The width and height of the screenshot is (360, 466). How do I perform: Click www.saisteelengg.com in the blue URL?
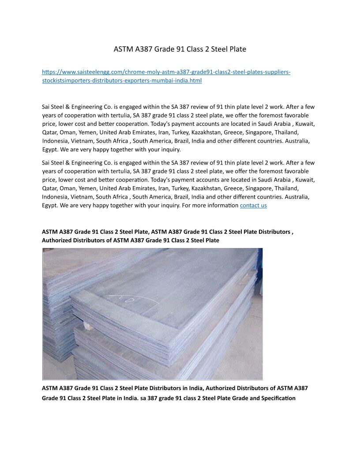pyautogui.click(x=88, y=72)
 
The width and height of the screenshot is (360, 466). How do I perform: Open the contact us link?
pyautogui.click(x=253, y=206)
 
